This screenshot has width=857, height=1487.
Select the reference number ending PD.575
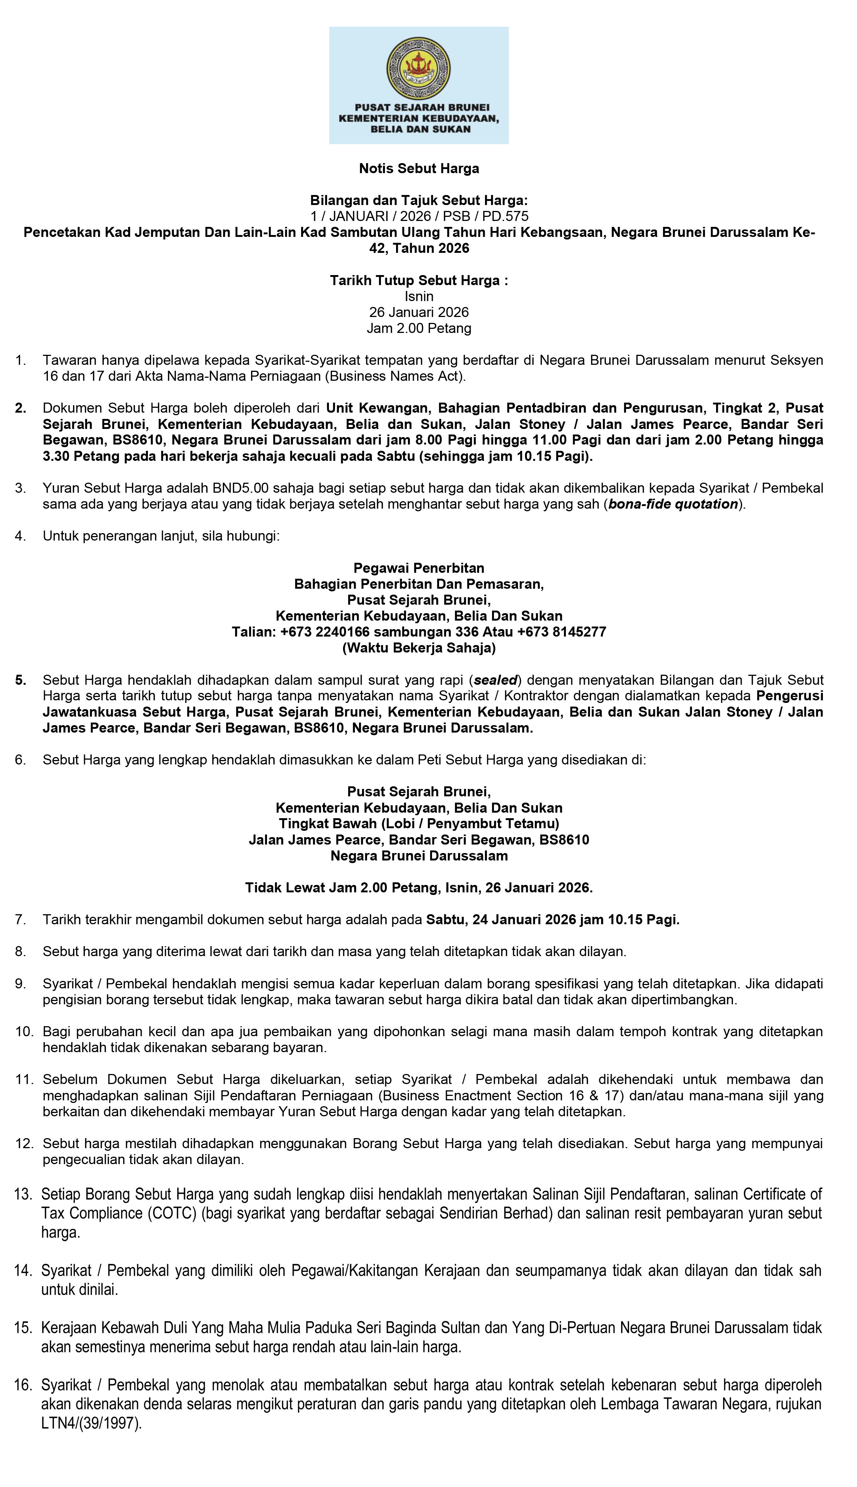click(x=419, y=217)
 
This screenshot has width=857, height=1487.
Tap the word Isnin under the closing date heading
click(x=419, y=297)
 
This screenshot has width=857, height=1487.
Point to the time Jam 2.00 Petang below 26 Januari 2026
click(x=419, y=328)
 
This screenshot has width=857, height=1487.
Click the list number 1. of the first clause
click(x=21, y=360)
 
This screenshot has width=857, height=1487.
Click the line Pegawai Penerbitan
click(x=419, y=568)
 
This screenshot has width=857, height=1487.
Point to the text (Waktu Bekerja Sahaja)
click(x=419, y=648)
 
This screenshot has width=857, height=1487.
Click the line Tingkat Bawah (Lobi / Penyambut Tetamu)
click(x=419, y=823)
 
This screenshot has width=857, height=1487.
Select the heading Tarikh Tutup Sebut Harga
click(x=418, y=281)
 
